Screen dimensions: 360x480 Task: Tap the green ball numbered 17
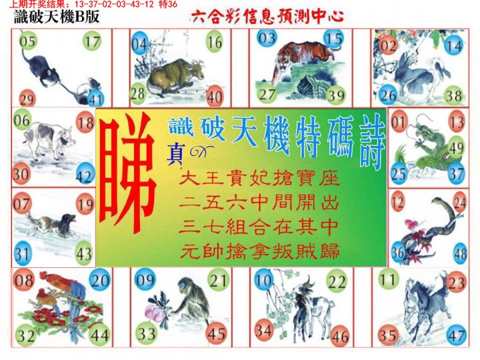tap(92, 41)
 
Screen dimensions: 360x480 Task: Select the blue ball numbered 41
tap(96, 101)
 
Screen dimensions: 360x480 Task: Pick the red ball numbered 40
tap(215, 97)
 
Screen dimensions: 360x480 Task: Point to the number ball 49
tap(457, 147)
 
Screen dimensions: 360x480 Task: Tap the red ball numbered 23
tap(456, 283)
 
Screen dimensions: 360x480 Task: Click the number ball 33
tap(147, 333)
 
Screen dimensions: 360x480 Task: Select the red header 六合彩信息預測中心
tap(267, 16)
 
